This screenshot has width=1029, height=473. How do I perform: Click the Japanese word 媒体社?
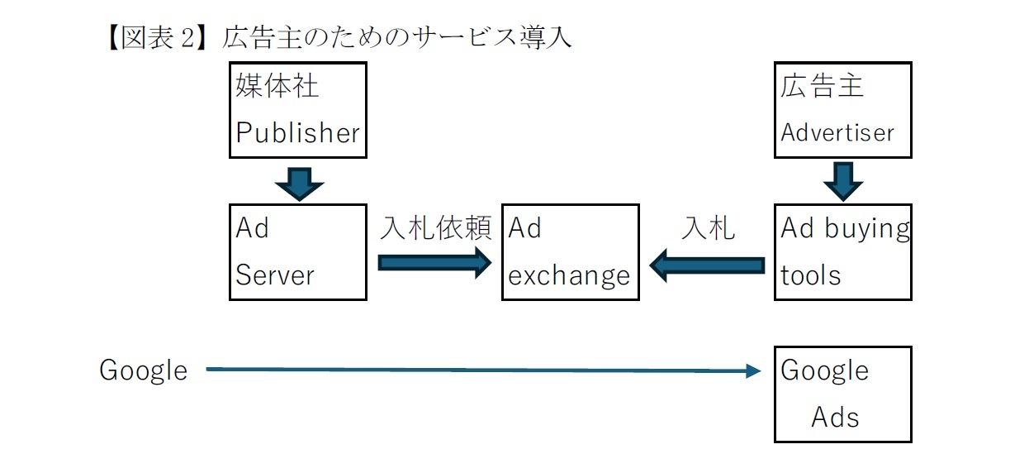click(x=277, y=86)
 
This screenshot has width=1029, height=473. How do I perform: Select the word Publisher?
click(x=297, y=132)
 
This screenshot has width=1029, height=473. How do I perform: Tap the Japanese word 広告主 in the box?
click(x=822, y=86)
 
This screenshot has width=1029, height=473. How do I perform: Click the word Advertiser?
click(x=837, y=132)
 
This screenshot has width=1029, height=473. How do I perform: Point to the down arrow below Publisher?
click(x=299, y=184)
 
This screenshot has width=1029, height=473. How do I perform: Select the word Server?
click(x=274, y=275)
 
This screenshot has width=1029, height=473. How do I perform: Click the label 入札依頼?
click(x=435, y=227)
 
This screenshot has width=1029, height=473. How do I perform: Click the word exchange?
click(x=568, y=275)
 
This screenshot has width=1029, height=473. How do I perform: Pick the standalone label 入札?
click(x=707, y=227)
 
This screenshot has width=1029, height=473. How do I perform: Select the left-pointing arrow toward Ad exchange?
click(x=707, y=265)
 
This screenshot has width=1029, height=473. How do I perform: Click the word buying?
click(x=866, y=229)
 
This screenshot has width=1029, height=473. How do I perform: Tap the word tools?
click(x=810, y=275)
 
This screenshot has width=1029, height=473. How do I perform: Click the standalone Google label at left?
click(x=143, y=370)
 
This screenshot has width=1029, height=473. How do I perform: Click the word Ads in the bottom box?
click(x=834, y=417)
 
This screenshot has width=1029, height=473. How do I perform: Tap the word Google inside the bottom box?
click(x=824, y=370)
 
